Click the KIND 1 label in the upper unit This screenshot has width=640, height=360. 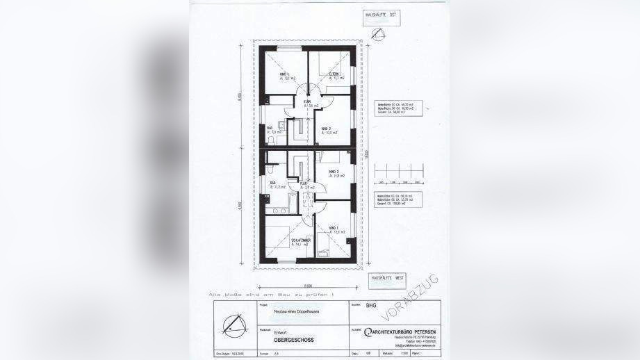pos(284,74)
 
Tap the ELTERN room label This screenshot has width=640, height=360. pos(334,74)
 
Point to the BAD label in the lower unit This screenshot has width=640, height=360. pos(272,183)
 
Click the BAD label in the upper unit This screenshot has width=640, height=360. pos(270,128)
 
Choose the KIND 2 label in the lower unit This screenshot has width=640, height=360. pos(333,171)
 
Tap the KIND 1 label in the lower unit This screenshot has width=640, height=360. pos(334,229)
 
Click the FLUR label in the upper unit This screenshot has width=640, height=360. pos(306,101)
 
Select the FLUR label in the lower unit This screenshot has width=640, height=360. pos(304,183)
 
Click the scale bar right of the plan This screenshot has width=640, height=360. pos(394,175)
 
